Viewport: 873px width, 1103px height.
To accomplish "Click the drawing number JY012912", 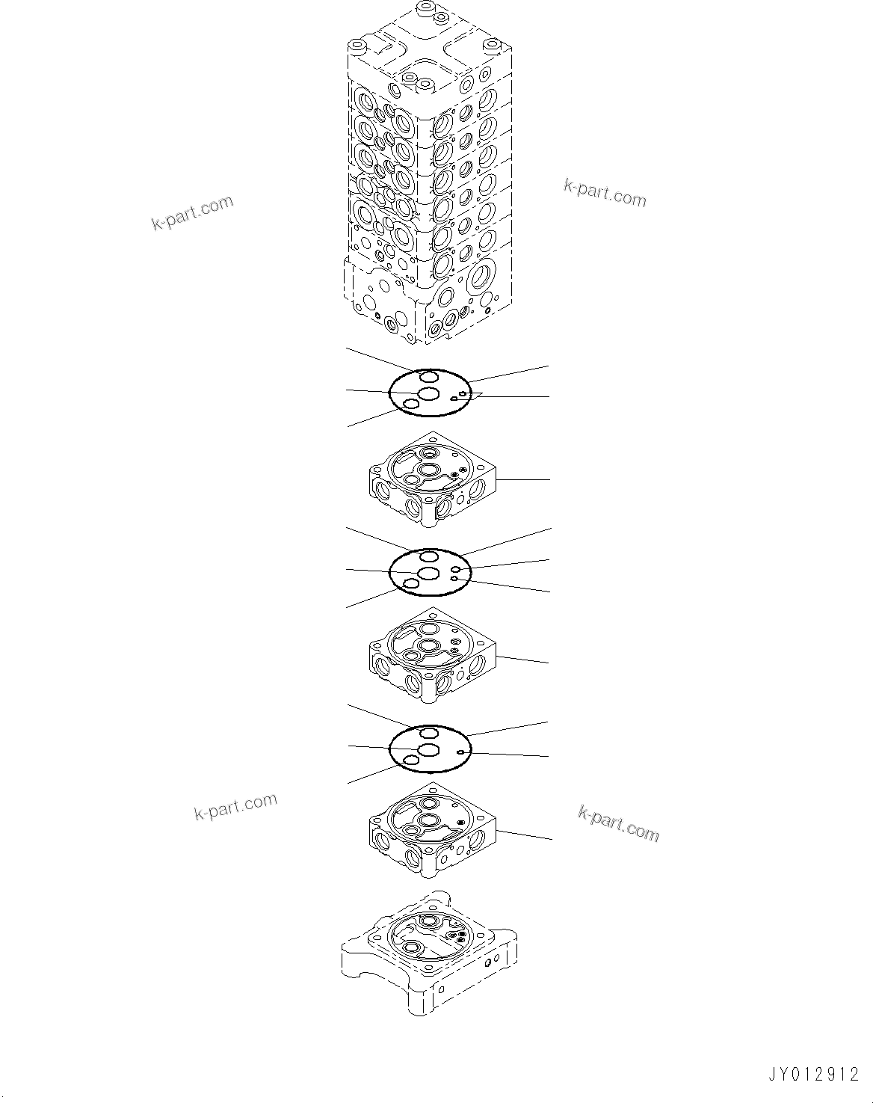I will click(813, 1075).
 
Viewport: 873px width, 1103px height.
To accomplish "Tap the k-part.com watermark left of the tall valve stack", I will click(193, 213).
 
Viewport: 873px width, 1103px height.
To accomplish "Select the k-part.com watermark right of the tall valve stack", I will click(605, 194).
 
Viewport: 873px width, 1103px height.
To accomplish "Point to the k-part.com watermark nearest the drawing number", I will click(619, 823).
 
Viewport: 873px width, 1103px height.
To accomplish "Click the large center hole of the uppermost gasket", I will click(428, 393).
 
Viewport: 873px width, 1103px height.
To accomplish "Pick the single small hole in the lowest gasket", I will click(463, 752).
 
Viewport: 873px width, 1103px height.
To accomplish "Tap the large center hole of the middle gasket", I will click(428, 573).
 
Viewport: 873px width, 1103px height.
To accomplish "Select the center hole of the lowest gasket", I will click(428, 749).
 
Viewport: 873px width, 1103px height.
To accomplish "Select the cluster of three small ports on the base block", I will click(455, 935).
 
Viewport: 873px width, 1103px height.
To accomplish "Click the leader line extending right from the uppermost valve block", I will click(523, 479).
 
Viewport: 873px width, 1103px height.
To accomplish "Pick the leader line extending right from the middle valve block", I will click(523, 660).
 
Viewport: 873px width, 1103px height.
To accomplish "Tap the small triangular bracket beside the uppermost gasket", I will click(477, 393).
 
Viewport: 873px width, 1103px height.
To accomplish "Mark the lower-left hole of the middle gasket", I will click(410, 583).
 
